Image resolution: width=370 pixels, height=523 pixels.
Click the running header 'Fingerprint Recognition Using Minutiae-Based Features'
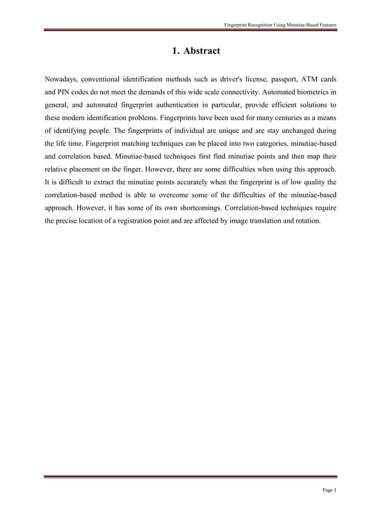tap(281, 24)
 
